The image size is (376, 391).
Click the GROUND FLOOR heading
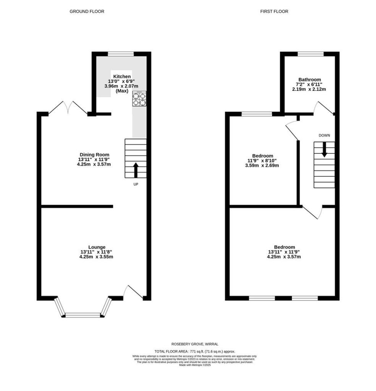87,11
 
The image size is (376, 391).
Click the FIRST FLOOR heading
274,11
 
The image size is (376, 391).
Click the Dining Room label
94,155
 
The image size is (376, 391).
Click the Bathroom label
310,79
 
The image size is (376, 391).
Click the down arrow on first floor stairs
324,149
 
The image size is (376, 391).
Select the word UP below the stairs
136,184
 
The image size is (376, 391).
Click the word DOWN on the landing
324,136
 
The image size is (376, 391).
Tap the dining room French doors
68,108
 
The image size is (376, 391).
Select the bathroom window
310,54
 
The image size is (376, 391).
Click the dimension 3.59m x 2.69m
262,165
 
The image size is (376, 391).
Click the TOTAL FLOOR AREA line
195,351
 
